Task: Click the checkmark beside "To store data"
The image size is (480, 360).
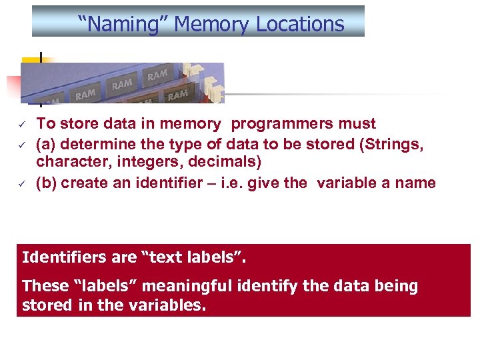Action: pos(21,124)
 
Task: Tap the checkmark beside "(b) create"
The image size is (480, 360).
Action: pos(21,183)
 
